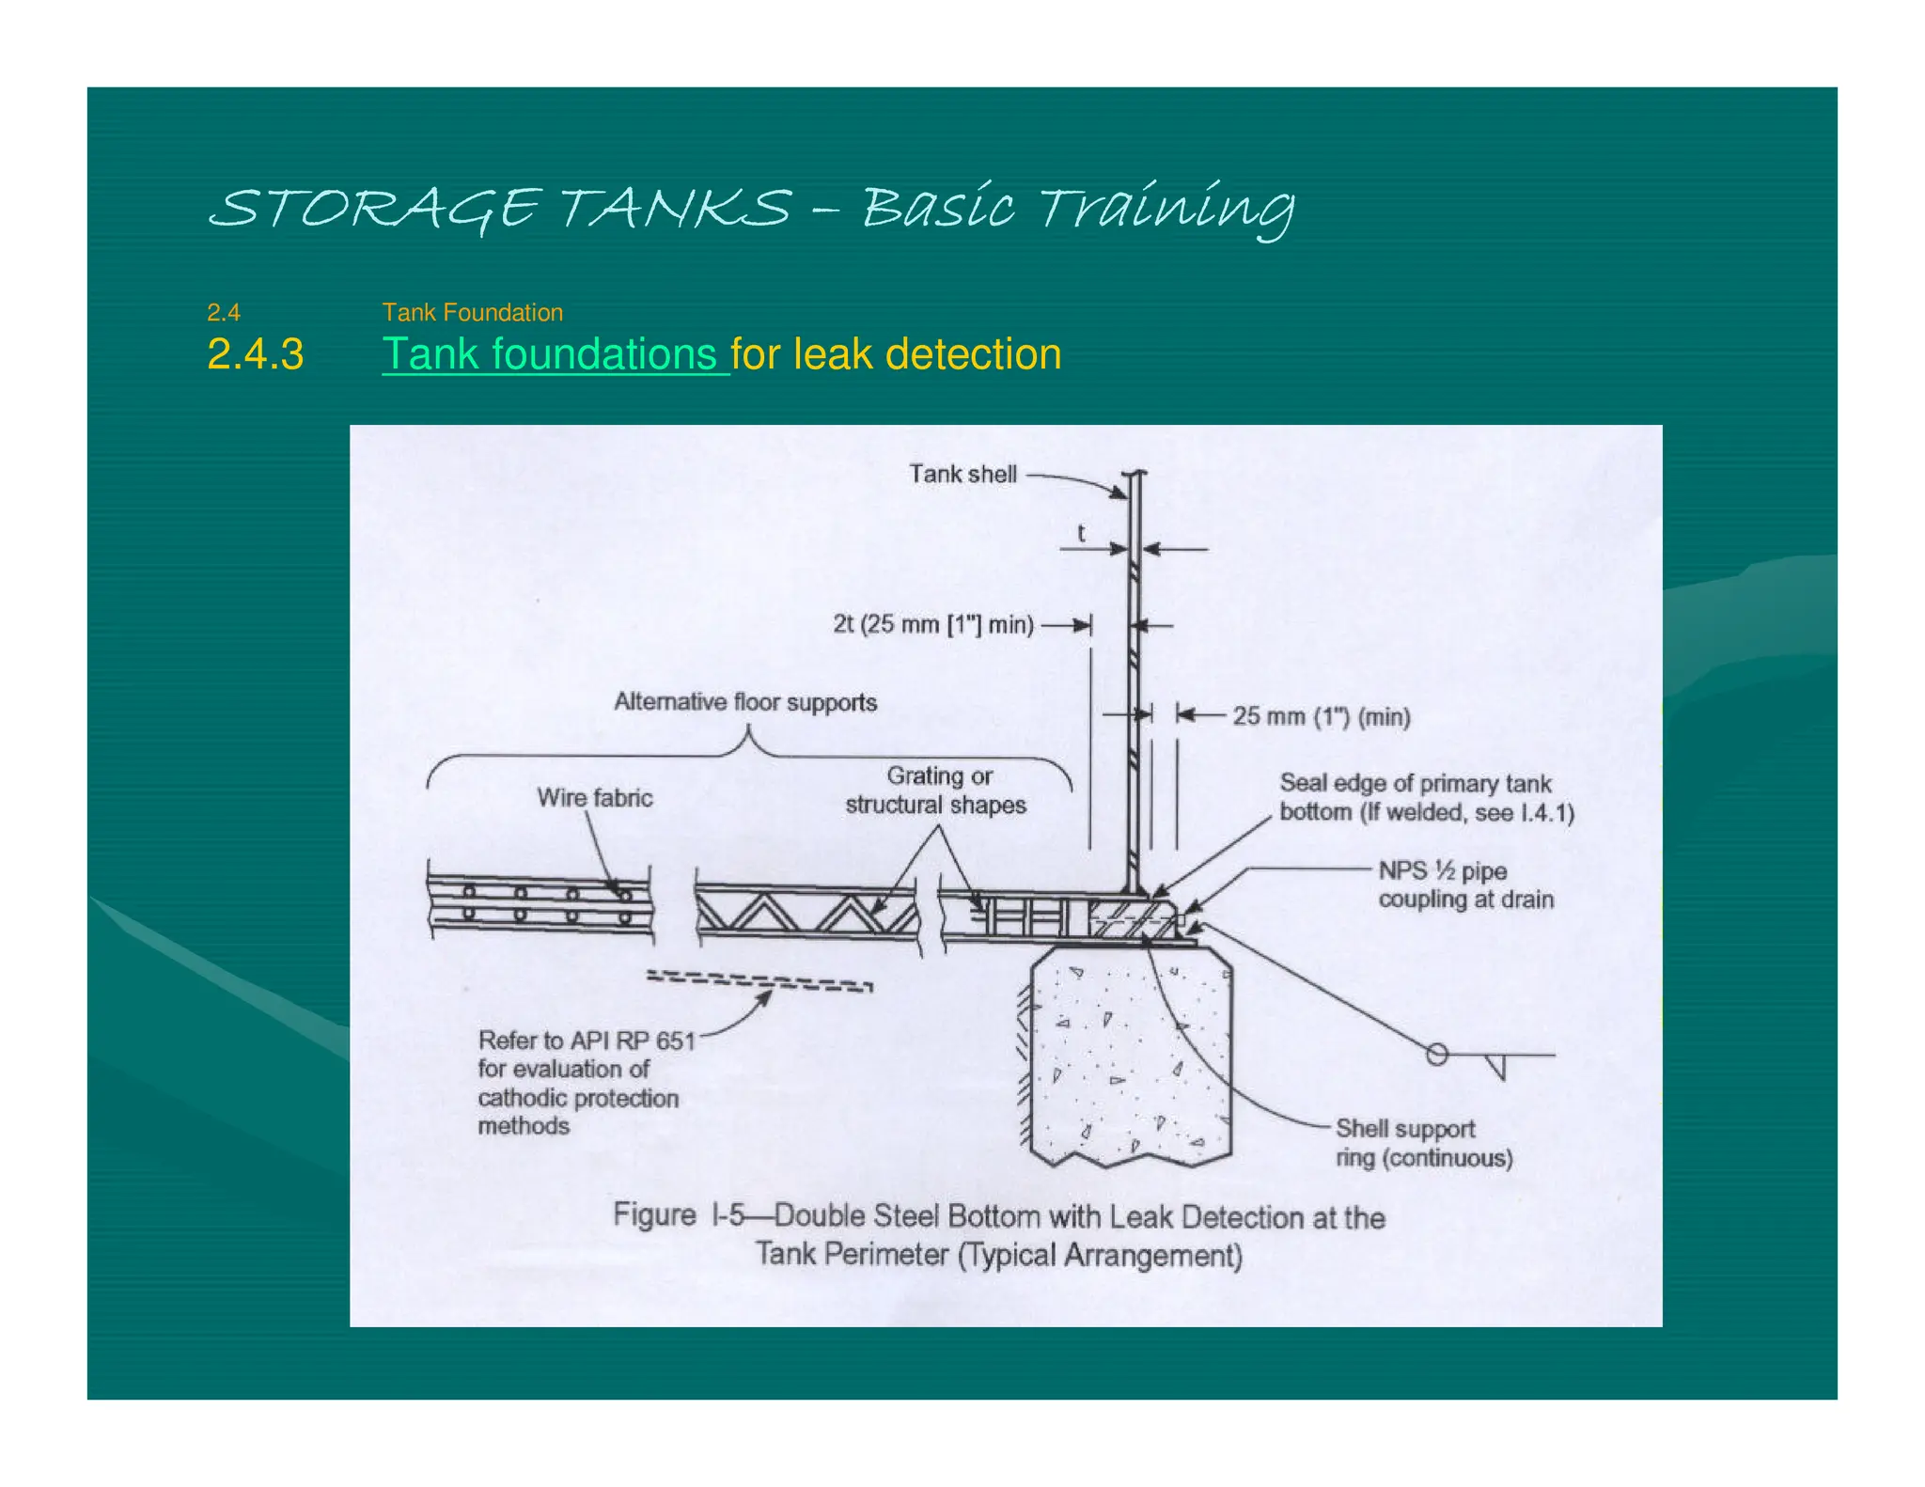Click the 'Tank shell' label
[962, 474]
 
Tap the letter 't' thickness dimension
[1081, 533]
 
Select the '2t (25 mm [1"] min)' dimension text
[932, 624]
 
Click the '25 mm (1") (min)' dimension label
[1321, 716]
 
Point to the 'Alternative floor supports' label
[745, 702]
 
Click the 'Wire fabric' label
[594, 798]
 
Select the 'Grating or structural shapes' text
[936, 790]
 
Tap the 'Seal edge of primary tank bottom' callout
[1425, 798]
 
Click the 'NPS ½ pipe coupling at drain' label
[1464, 884]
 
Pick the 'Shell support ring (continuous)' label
[1423, 1143]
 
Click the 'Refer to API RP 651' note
[586, 1041]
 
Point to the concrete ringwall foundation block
[1129, 1057]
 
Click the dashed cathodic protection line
[759, 981]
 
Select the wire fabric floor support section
[540, 900]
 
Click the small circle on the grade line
[1436, 1054]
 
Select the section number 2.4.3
[255, 354]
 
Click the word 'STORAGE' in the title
[374, 208]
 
